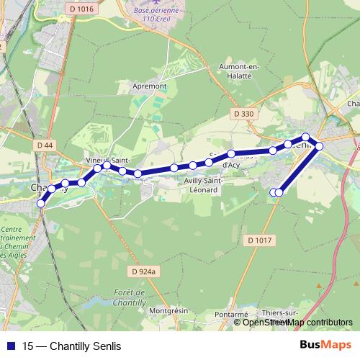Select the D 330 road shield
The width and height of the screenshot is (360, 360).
pyautogui.click(x=244, y=114)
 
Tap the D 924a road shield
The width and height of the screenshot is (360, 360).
pyautogui.click(x=144, y=271)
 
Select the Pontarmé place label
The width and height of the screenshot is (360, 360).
pyautogui.click(x=231, y=315)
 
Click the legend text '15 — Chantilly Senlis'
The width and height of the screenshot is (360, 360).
pyautogui.click(x=71, y=346)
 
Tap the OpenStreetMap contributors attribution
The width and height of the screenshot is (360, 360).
pyautogui.click(x=297, y=322)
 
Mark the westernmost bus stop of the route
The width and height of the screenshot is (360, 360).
pyautogui.click(x=41, y=204)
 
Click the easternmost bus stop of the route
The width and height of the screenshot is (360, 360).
pyautogui.click(x=319, y=146)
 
